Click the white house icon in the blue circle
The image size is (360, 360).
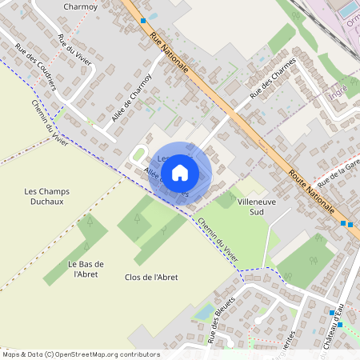pyautogui.click(x=180, y=172)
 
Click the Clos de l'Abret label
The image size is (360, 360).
pyautogui.click(x=151, y=277)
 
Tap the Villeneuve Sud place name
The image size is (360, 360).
pyautogui.click(x=257, y=207)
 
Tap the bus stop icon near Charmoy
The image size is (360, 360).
pyautogui.click(x=143, y=20)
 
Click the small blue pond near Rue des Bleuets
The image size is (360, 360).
pyautogui.click(x=205, y=311)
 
